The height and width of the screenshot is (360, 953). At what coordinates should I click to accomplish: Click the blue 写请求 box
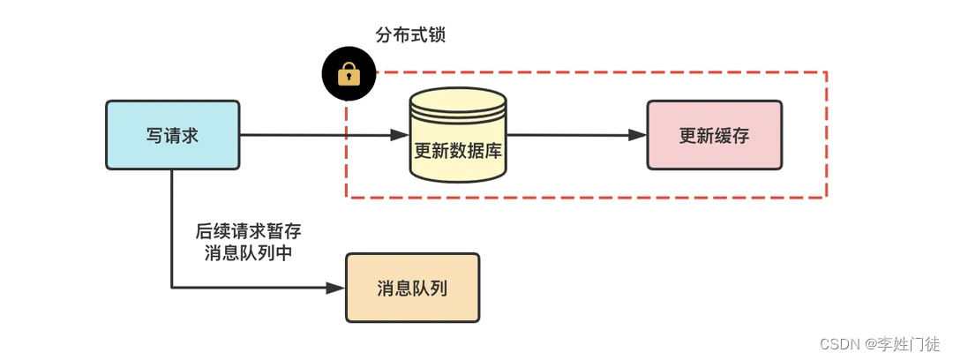172,135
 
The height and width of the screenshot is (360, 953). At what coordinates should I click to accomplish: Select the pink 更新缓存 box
714,135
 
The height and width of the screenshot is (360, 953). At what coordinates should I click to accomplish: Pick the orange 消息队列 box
412,288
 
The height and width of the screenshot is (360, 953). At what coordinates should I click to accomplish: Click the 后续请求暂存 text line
249,231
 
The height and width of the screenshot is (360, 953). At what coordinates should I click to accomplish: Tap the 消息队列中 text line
249,252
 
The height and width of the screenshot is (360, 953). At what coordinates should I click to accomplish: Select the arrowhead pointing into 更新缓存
638,135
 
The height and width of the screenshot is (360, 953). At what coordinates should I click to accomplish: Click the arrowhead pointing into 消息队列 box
335,288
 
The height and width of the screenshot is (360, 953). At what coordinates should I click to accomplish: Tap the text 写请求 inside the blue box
172,136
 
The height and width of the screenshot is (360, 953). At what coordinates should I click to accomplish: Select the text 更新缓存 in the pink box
714,136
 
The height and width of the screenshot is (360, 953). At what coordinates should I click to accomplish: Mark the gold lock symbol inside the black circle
350,74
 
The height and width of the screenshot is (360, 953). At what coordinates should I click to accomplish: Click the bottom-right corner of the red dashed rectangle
826,197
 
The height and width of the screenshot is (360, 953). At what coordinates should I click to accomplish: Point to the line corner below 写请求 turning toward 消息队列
172,287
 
